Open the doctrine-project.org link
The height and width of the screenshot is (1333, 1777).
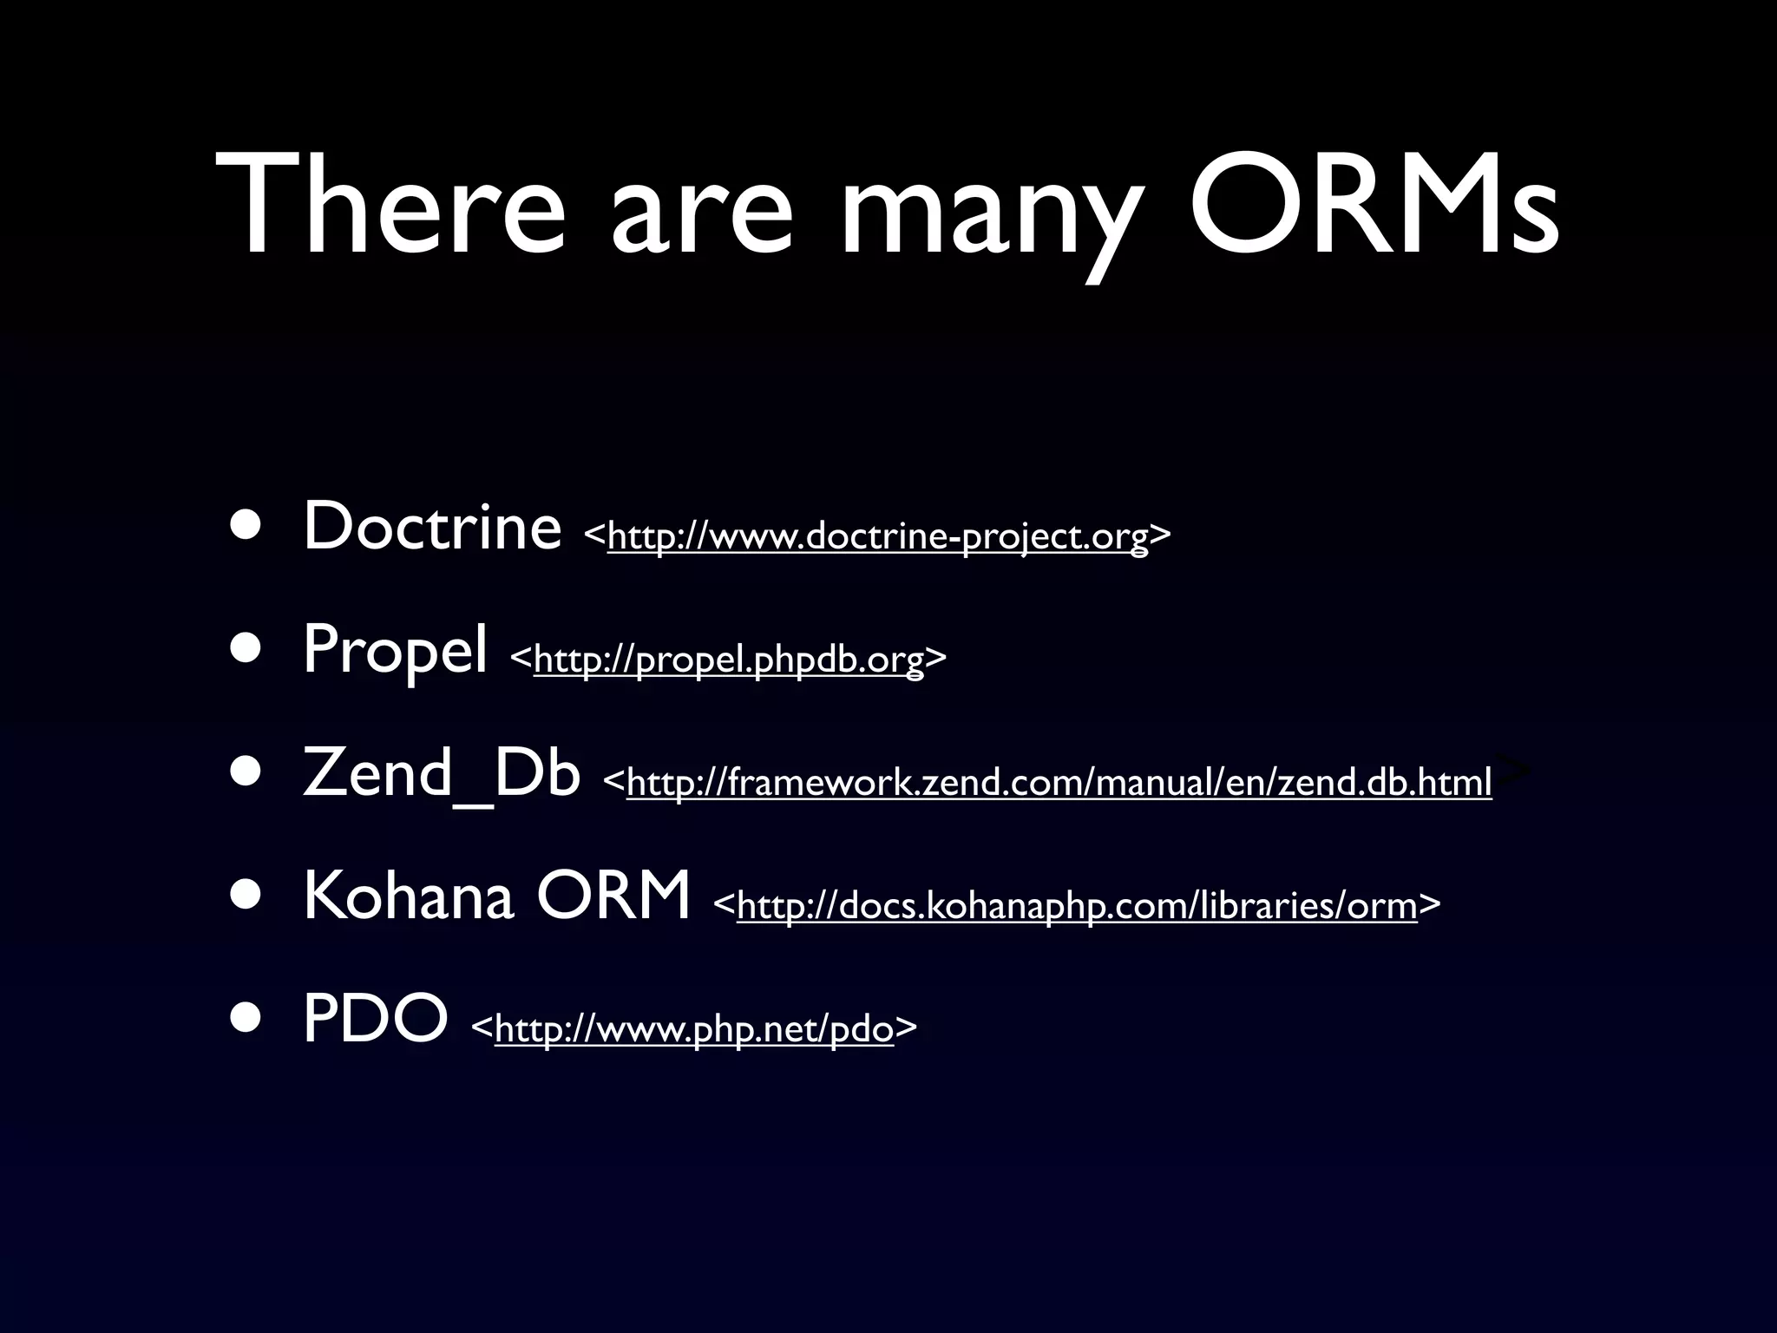pos(877,536)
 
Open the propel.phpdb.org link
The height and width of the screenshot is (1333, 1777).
pos(729,660)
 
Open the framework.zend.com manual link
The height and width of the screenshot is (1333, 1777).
pos(1059,783)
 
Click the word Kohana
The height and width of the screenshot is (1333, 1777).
pos(408,896)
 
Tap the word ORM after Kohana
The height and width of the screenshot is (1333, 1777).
pos(613,896)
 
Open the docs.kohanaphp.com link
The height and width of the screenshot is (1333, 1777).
pos(1077,906)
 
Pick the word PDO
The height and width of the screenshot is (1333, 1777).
pos(375,1019)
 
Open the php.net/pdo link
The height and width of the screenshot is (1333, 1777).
pos(693,1029)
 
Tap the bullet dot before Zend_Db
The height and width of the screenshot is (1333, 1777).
pos(246,774)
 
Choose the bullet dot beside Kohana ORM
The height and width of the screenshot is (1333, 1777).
pos(246,897)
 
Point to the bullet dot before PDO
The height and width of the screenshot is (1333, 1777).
pos(246,1021)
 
